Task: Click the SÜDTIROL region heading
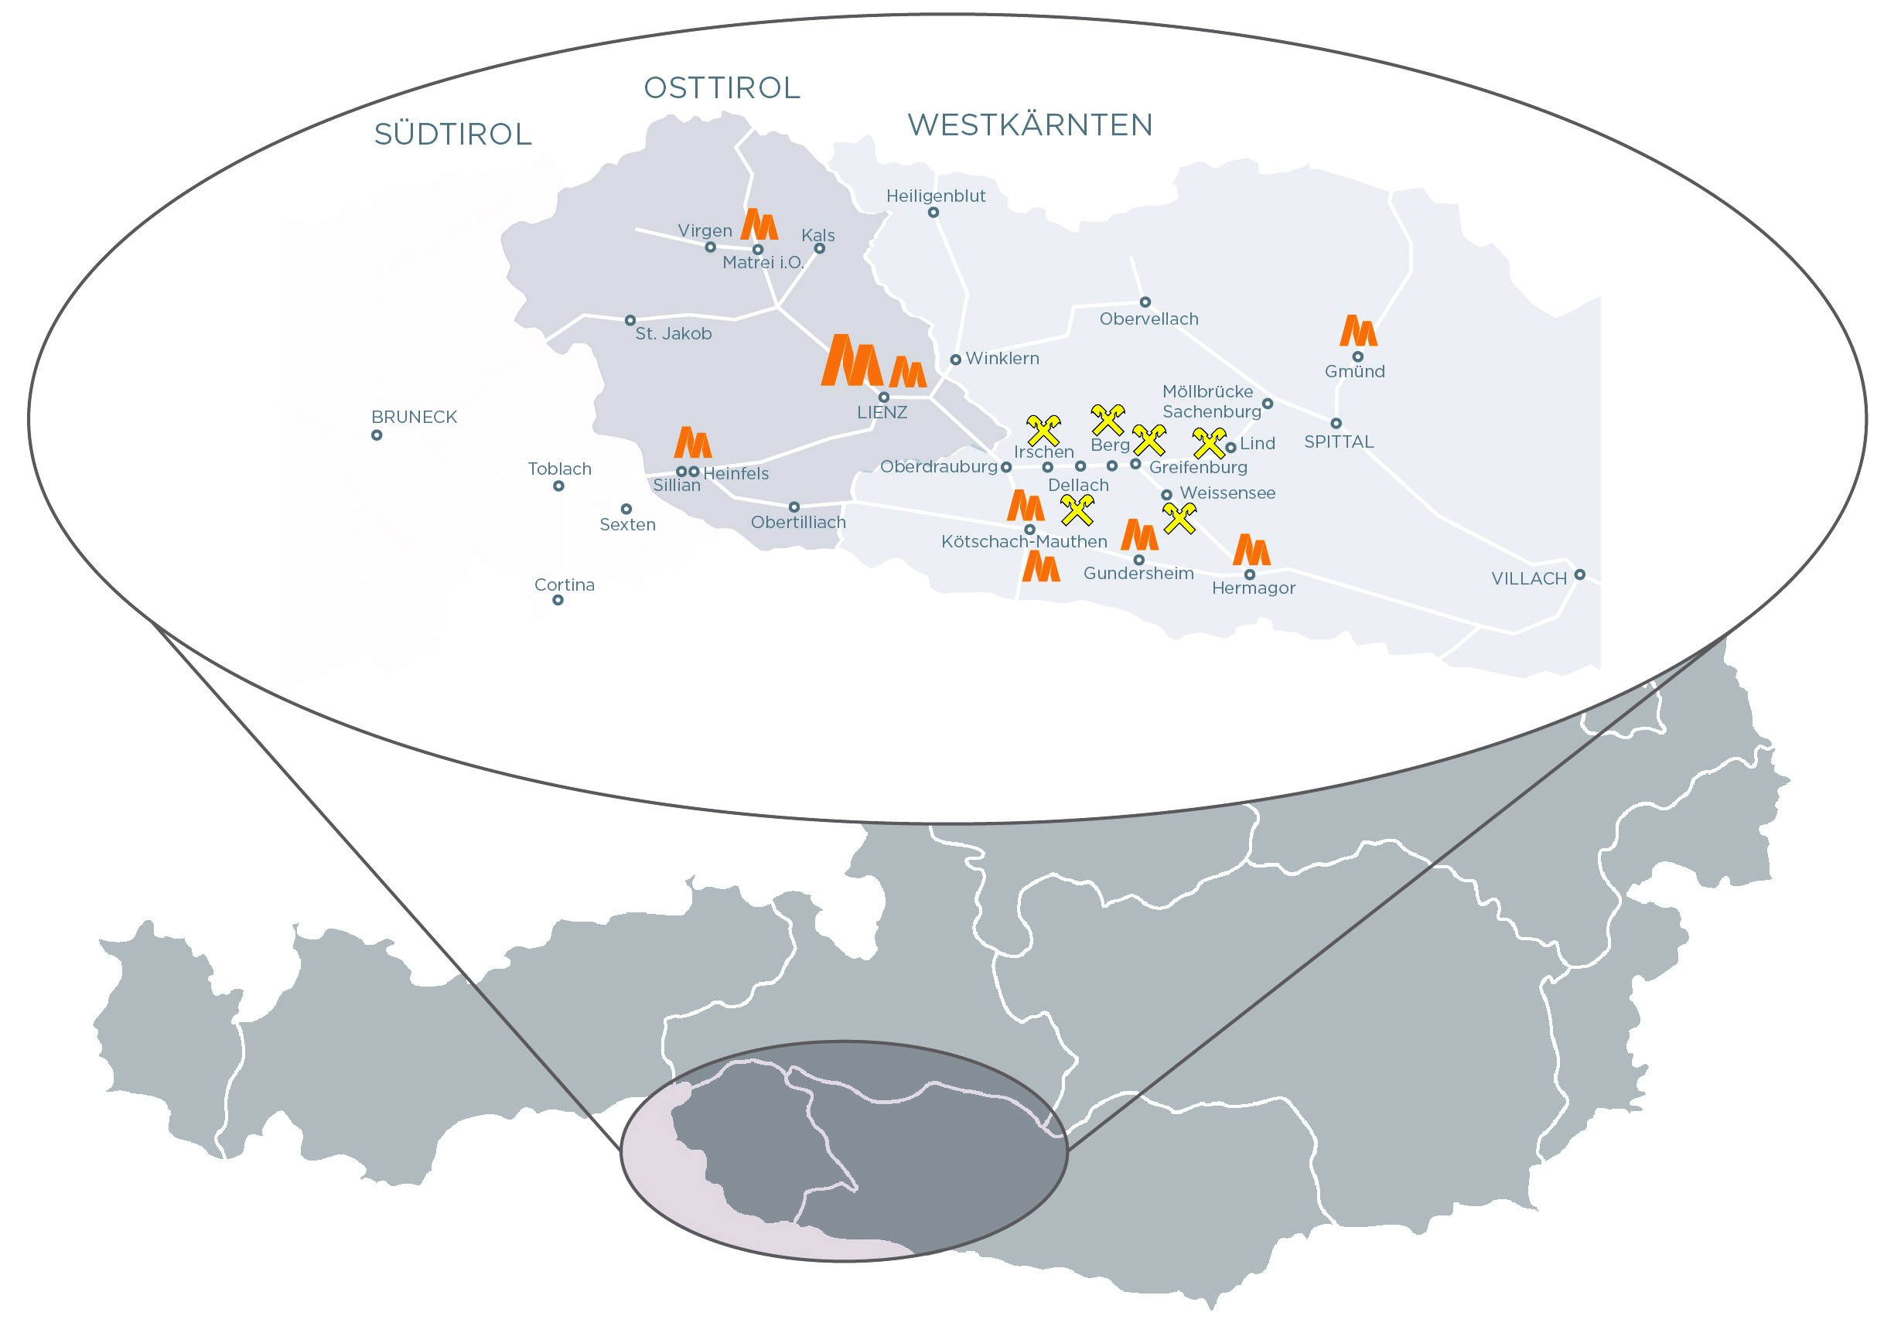coord(452,135)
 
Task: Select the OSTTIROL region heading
coord(722,89)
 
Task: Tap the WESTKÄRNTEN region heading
coord(1030,125)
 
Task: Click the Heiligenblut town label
coord(936,196)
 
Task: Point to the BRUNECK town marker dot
coord(377,435)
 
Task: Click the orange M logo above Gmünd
coord(1358,331)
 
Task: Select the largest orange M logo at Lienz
coord(852,360)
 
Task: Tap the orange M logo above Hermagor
coord(1251,550)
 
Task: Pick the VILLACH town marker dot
coord(1579,574)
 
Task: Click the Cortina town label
coord(565,585)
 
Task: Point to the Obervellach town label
coord(1148,319)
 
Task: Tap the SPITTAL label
coord(1338,441)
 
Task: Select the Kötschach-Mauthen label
coord(1024,541)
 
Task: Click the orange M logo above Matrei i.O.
coord(759,224)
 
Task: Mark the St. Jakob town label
coord(673,334)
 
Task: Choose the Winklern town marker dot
coord(955,360)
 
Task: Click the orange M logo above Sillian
coord(692,442)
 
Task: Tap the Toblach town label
coord(560,469)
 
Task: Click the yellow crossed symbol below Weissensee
coord(1179,518)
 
